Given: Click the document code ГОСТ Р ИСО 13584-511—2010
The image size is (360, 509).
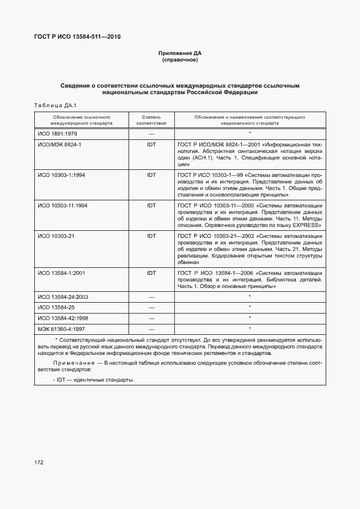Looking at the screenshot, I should pos(78,36).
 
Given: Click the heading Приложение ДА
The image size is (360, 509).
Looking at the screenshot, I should pos(180,53).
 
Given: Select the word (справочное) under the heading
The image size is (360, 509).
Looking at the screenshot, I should pos(180,60).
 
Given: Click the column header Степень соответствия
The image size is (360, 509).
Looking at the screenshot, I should pos(151,120).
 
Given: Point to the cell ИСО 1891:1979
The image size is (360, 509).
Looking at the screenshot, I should pos(57,134).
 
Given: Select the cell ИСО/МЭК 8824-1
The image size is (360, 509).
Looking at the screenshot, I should pos(59,145).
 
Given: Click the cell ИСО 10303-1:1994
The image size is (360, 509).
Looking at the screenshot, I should pos(62,175).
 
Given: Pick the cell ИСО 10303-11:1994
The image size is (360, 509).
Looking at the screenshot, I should pos(63,206).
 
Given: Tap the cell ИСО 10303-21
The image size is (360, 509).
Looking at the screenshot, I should pos(58,236).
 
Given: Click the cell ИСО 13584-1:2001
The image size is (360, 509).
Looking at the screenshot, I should pos(62,273).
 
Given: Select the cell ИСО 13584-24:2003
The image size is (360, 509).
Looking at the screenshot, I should pos(63,297).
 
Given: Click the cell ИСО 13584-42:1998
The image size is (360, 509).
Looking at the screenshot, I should pos(63,318).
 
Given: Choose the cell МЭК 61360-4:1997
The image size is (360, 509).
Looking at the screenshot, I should pos(62,329).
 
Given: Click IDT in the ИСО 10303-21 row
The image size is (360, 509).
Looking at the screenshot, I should pos(151,236).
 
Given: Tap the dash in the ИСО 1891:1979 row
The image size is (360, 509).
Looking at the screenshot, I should pos(151,134).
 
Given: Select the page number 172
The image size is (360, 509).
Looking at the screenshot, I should pos(39,463).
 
